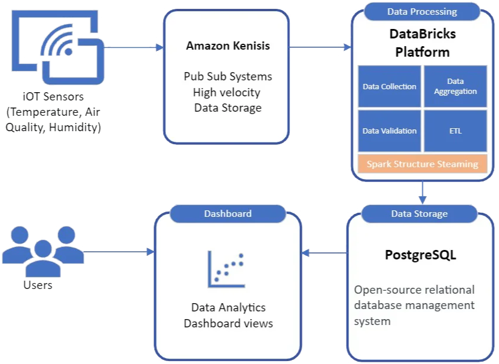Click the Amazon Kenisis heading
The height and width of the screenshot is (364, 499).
click(x=228, y=45)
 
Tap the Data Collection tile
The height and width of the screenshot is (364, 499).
click(x=389, y=86)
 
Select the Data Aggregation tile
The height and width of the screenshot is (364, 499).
click(x=455, y=86)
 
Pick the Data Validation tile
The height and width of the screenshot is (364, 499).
click(x=389, y=131)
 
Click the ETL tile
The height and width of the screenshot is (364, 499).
click(x=455, y=131)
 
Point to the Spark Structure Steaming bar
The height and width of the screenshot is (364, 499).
click(x=422, y=164)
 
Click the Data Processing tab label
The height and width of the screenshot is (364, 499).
click(x=422, y=11)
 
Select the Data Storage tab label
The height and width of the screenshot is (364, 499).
click(x=419, y=213)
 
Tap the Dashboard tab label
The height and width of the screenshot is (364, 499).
click(x=227, y=213)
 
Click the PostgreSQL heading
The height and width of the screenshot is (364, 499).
click(x=420, y=256)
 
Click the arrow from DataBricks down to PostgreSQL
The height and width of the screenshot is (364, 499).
click(x=422, y=189)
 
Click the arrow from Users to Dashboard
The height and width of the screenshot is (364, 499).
click(x=118, y=252)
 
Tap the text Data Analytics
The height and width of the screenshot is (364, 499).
click(x=228, y=307)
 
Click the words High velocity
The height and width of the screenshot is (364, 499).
click(x=228, y=92)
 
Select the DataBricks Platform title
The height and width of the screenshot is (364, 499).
click(x=422, y=43)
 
